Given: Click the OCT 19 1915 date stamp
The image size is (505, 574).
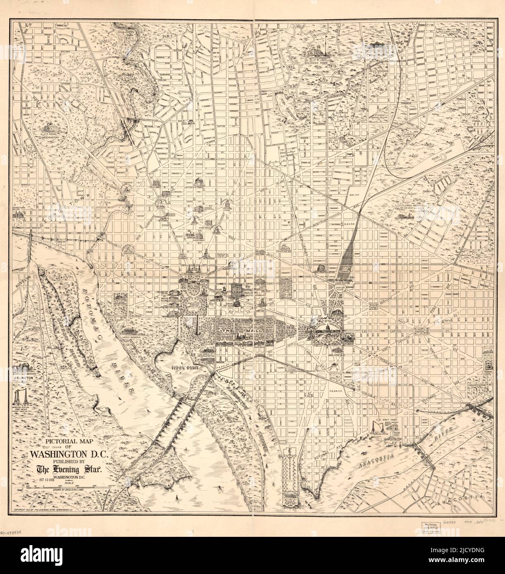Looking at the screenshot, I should [x=48, y=479].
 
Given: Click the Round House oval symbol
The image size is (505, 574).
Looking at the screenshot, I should [x=450, y=157].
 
